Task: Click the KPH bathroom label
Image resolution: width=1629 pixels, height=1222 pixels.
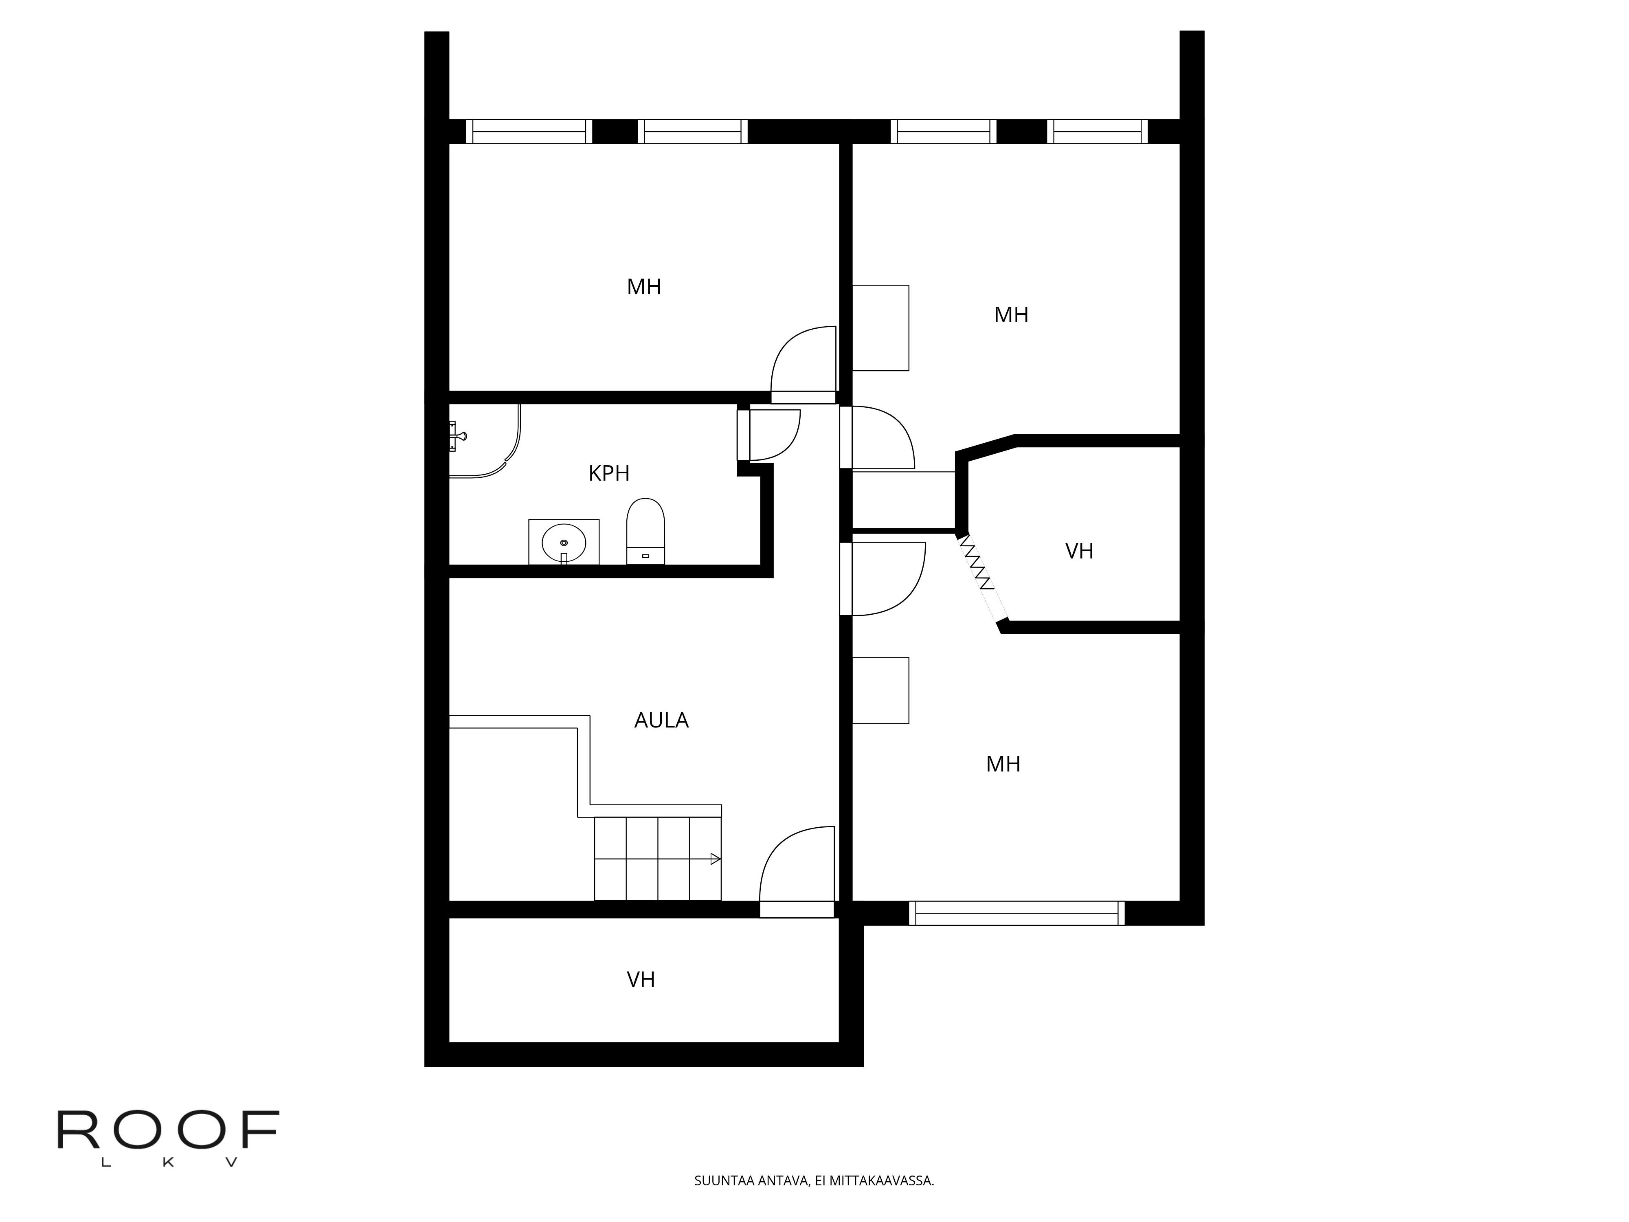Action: coord(609,473)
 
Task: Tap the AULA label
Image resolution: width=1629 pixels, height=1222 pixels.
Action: coord(661,721)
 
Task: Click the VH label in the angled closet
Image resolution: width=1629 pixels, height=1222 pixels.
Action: coord(1079,551)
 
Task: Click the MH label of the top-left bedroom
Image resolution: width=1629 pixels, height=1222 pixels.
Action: coord(643,286)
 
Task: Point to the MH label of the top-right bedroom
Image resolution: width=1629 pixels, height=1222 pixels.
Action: coord(1011,315)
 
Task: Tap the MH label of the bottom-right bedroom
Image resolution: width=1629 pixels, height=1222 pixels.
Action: coord(1003,765)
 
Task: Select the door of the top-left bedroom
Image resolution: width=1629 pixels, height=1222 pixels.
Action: coord(804,365)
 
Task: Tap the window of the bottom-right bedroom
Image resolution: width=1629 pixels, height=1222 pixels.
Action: coord(1017,913)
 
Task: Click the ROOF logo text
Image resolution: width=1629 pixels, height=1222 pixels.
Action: coord(168,1131)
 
